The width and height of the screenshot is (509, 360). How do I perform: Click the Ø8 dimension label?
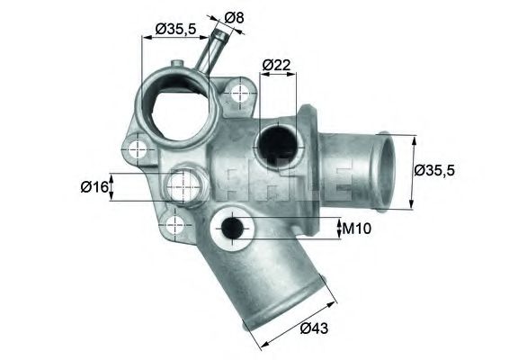coord(232,17)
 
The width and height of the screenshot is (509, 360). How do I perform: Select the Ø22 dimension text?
coord(276,65)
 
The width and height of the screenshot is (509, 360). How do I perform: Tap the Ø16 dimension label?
coord(94,187)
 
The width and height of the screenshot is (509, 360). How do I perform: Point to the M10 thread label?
coord(357,229)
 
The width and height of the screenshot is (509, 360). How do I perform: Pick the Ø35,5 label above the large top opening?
coord(175,29)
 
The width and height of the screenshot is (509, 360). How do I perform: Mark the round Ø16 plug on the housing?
coord(184,186)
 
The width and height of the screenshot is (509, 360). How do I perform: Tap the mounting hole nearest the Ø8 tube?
coord(238,92)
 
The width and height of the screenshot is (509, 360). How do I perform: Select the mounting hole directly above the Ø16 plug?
coord(137,148)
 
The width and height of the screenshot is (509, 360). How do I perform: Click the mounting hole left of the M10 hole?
coord(174,221)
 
